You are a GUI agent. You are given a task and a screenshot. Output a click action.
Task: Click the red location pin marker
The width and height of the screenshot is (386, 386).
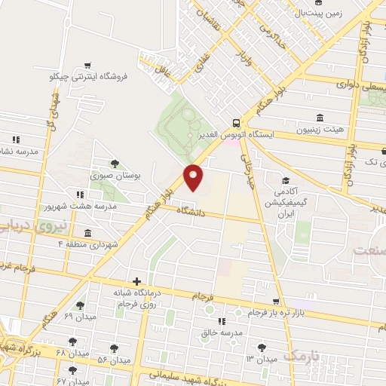(x=194, y=177)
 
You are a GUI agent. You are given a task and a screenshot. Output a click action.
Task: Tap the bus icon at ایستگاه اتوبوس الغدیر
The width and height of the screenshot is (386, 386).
(x=237, y=122)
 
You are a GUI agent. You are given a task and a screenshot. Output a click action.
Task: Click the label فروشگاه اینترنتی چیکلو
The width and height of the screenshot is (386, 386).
(x=89, y=77)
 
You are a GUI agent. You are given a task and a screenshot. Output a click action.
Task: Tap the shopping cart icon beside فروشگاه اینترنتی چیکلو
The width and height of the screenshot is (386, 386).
(x=89, y=66)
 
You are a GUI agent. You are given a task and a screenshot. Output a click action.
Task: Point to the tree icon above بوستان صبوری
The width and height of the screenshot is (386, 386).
(x=115, y=163)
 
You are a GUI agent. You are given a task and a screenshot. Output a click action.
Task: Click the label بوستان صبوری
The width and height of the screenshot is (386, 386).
(x=115, y=175)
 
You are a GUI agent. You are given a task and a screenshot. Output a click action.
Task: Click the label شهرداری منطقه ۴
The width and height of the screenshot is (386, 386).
(x=88, y=244)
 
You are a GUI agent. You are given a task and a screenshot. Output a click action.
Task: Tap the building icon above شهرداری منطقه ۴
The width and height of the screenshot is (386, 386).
(x=88, y=233)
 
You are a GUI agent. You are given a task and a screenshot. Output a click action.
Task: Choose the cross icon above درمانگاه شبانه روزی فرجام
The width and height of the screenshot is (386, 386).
(x=136, y=280)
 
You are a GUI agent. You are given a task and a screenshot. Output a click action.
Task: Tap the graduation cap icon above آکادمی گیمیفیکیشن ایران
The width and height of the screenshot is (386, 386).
(x=285, y=180)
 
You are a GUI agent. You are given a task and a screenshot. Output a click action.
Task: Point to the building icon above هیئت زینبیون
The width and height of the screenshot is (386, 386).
(x=320, y=118)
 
